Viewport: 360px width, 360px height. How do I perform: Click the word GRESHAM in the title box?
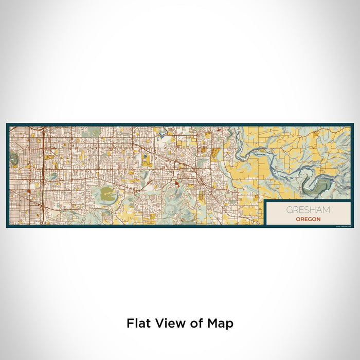click(309, 210)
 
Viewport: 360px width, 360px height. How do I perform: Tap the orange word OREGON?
click(309, 219)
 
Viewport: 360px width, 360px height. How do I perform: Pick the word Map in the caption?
click(219, 323)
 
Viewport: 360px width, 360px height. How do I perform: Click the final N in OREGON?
click(318, 219)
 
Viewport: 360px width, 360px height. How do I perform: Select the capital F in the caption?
click(130, 323)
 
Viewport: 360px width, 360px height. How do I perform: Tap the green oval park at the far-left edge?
click(14, 157)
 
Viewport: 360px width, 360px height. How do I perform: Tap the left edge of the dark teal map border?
click(8, 175)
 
